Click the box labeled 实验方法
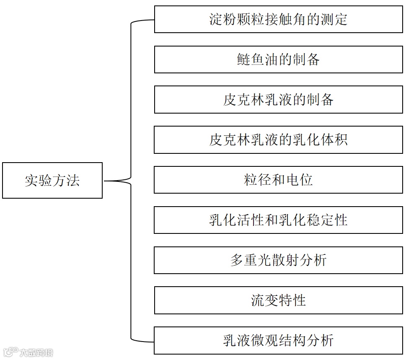coord(52,180)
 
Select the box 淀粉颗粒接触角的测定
coord(278,19)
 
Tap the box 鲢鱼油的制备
coord(278,60)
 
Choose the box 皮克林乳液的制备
coord(278,100)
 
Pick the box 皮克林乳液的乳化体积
coord(278,140)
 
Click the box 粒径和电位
coord(278,180)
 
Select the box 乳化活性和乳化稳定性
coord(278,220)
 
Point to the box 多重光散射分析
coord(278,260)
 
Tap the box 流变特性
coord(278,300)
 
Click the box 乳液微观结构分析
coord(278,340)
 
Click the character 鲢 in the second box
coord(244,60)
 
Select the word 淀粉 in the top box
coord(223,19)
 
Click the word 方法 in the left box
coord(66,180)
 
